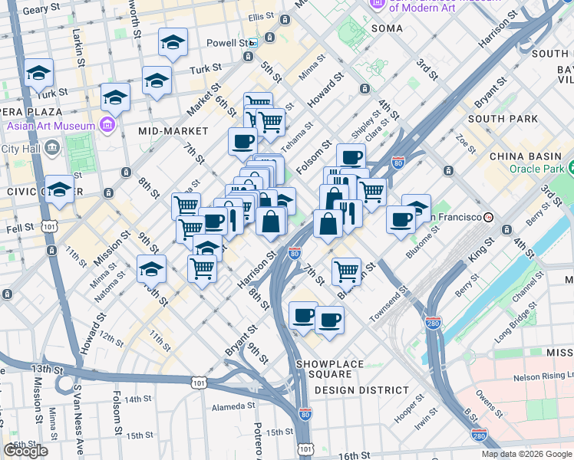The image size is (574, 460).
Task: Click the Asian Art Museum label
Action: click(51, 126)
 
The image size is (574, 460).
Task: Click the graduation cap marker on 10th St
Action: click(152, 268)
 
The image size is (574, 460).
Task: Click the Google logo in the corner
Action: click(25, 451)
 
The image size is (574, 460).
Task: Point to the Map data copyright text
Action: click(526, 454)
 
